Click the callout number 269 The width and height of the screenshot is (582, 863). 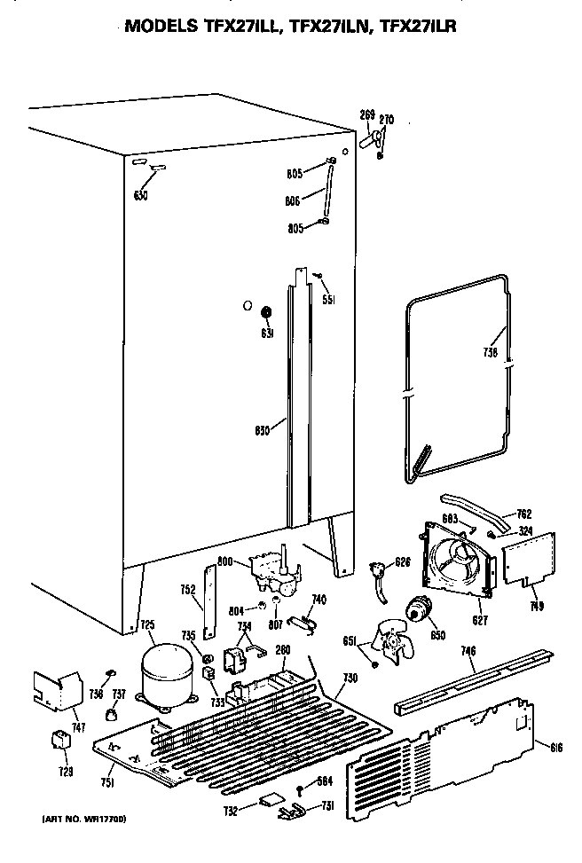(x=366, y=114)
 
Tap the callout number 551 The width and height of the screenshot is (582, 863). (x=328, y=299)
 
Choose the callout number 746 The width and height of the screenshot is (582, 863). (x=468, y=652)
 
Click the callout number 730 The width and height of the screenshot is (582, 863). (x=350, y=678)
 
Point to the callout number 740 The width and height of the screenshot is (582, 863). (x=319, y=600)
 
